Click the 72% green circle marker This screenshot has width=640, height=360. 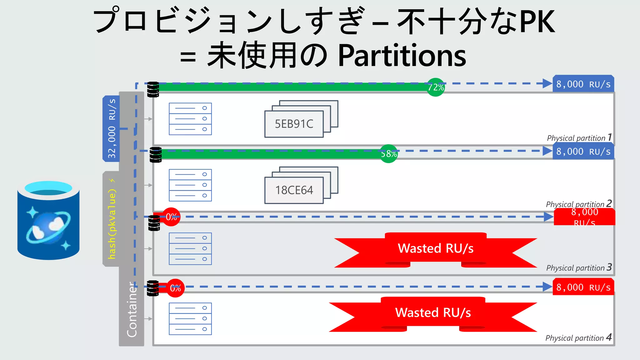(436, 87)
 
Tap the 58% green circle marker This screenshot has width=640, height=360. (388, 153)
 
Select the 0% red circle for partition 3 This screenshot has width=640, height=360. (171, 217)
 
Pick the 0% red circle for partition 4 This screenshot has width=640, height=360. (175, 288)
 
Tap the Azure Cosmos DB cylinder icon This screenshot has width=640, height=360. (48, 220)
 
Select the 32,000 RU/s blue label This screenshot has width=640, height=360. (112, 128)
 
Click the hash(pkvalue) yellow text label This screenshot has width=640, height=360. (112, 219)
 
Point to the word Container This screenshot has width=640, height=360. (132, 309)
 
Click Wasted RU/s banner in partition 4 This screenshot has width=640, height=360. (433, 313)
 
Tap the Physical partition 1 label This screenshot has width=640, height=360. (579, 137)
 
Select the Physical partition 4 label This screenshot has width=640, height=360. (578, 337)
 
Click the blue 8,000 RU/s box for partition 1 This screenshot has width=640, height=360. (583, 84)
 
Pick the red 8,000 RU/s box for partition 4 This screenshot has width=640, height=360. (583, 287)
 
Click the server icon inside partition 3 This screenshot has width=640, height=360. (190, 249)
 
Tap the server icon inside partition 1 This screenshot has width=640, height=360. (190, 119)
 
